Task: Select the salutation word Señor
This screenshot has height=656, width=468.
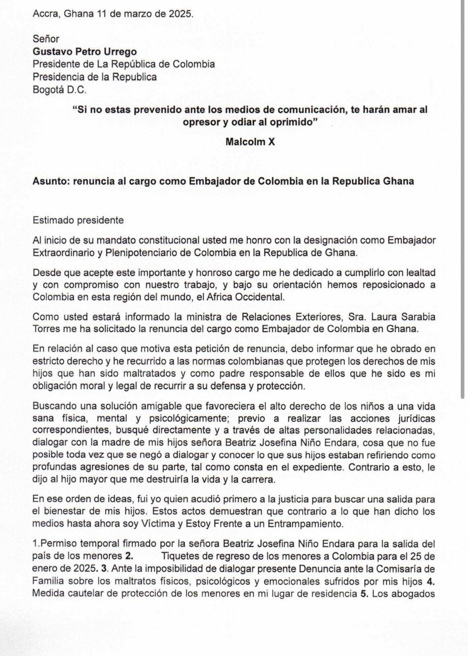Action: (x=46, y=39)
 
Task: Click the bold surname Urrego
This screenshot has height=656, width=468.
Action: (x=121, y=52)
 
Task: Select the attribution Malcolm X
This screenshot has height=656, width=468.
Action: (x=250, y=142)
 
